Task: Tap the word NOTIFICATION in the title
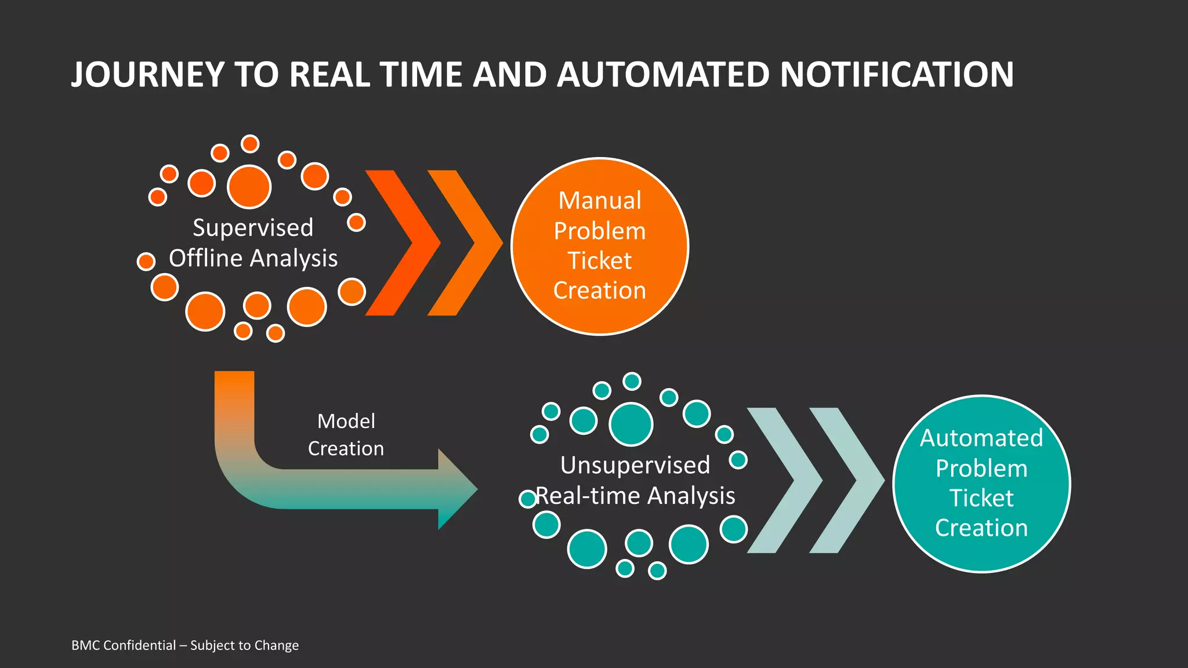coord(897,75)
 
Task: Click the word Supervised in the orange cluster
coord(253,228)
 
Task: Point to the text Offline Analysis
coord(253,259)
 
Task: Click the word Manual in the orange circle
coord(599,201)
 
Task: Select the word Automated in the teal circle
coord(981,438)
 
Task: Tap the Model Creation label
coord(346,434)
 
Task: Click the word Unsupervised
coord(635,465)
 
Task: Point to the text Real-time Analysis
coord(636,496)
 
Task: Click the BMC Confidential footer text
coord(185,645)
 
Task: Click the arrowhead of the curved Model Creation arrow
coord(458,489)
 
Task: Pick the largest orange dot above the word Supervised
coord(249,187)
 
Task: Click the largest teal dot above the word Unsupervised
coord(631,424)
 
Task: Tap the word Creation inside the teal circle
coord(981,528)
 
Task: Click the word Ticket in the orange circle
coord(599,261)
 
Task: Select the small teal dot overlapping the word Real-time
coord(528,499)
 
